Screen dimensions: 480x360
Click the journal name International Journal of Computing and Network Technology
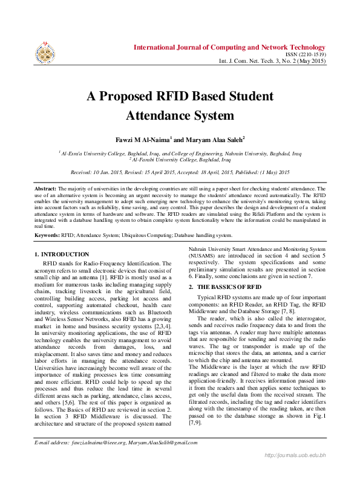point(229,47)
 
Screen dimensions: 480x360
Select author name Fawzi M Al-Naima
point(143,140)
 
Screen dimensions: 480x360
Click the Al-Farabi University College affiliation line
point(180,160)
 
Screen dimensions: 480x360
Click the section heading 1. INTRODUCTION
point(62,255)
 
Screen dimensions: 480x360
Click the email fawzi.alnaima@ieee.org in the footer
point(103,460)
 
